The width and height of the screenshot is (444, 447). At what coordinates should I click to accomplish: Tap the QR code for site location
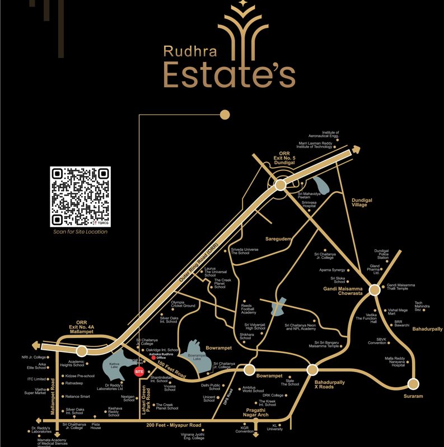coord(80,196)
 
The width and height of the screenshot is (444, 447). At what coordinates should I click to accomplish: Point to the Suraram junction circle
coord(413,384)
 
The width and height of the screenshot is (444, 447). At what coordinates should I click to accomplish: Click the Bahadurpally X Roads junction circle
coord(312,369)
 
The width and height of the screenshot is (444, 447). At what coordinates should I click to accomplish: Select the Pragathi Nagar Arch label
coord(256,412)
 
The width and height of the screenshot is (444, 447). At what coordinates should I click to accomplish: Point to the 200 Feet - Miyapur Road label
coord(174,425)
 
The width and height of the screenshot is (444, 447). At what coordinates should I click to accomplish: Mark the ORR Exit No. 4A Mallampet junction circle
coord(82,351)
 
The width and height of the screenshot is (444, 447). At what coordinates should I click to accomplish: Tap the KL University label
coord(275,427)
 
